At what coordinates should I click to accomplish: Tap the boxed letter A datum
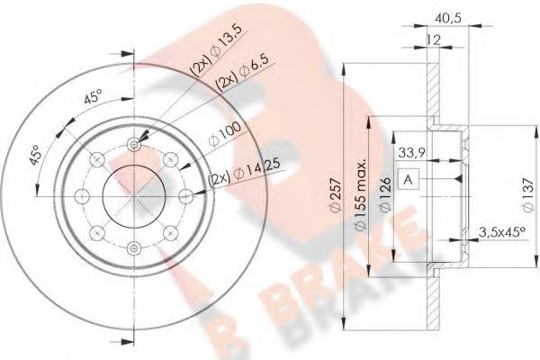coord(409,180)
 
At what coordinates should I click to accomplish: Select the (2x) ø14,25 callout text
coord(241,176)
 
